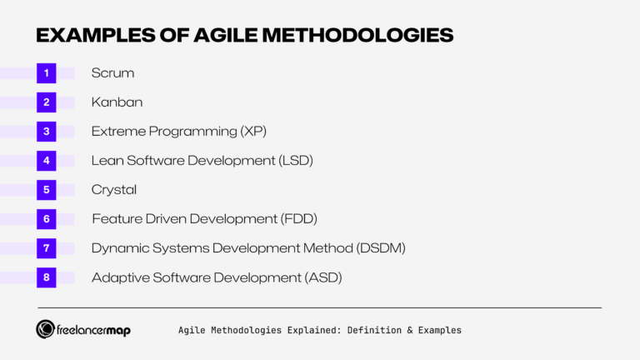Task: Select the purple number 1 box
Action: [x=47, y=73]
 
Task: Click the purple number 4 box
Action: [x=47, y=161]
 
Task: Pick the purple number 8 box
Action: [x=47, y=277]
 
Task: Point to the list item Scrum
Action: [x=112, y=73]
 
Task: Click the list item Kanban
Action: [x=117, y=102]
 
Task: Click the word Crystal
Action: [x=114, y=190]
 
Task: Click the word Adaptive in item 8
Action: [x=119, y=277]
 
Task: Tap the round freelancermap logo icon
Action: [x=46, y=330]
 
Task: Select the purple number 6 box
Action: [x=47, y=219]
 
